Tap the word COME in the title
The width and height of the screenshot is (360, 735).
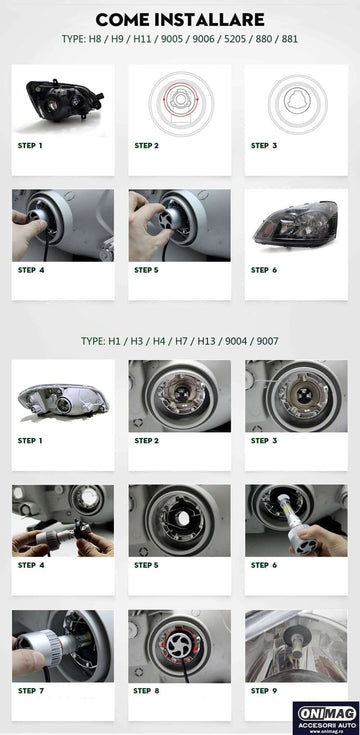click(123, 20)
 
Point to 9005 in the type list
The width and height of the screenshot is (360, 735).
click(172, 39)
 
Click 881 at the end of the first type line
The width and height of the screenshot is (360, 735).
click(290, 39)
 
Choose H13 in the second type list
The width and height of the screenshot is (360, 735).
click(206, 341)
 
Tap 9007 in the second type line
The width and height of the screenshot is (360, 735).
click(267, 341)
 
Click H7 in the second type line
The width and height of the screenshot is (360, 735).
click(181, 341)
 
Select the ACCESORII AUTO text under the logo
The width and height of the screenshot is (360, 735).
click(327, 725)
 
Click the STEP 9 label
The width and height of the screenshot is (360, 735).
click(263, 690)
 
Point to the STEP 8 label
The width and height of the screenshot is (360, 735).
click(146, 690)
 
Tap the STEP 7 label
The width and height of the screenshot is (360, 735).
click(30, 690)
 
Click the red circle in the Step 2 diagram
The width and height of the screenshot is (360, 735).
click(181, 99)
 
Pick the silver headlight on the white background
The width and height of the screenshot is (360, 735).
click(63, 398)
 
